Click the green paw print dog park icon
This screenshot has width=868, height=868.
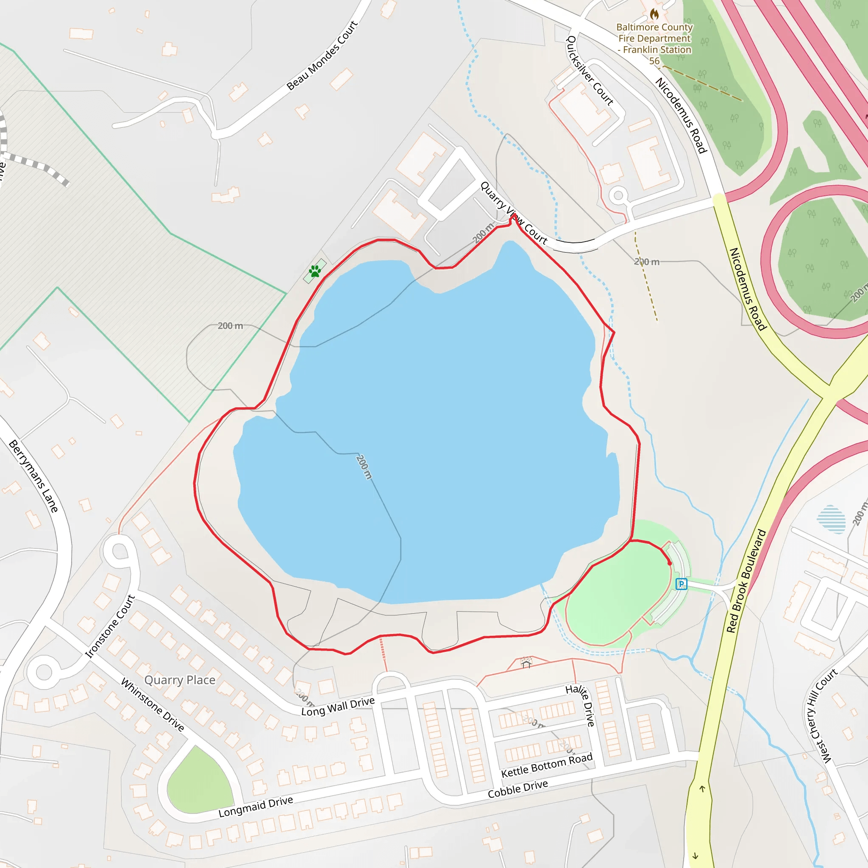pyautogui.click(x=314, y=271)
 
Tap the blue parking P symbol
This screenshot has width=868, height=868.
pyautogui.click(x=681, y=584)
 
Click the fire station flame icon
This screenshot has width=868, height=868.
pyautogui.click(x=654, y=14)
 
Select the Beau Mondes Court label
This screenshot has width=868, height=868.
pyautogui.click(x=322, y=55)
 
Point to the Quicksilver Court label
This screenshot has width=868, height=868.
pyautogui.click(x=590, y=71)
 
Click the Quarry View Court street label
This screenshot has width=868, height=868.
pyautogui.click(x=514, y=213)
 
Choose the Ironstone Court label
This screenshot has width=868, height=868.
pyautogui.click(x=110, y=626)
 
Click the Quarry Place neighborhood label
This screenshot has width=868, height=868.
pyautogui.click(x=180, y=680)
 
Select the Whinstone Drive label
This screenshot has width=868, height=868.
pyautogui.click(x=153, y=705)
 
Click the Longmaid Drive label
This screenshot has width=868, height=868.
pyautogui.click(x=256, y=807)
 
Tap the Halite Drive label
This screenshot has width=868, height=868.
pyautogui.click(x=581, y=705)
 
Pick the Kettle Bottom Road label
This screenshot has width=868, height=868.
pyautogui.click(x=547, y=765)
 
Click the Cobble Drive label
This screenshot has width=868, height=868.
pyautogui.click(x=517, y=789)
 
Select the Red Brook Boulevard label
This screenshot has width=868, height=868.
pyautogui.click(x=746, y=581)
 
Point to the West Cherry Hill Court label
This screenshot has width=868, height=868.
pyautogui.click(x=821, y=716)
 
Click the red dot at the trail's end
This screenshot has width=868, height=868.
pyautogui.click(x=669, y=563)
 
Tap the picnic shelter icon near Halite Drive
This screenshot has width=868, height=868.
pyautogui.click(x=526, y=664)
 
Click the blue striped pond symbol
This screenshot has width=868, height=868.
pyautogui.click(x=831, y=519)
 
